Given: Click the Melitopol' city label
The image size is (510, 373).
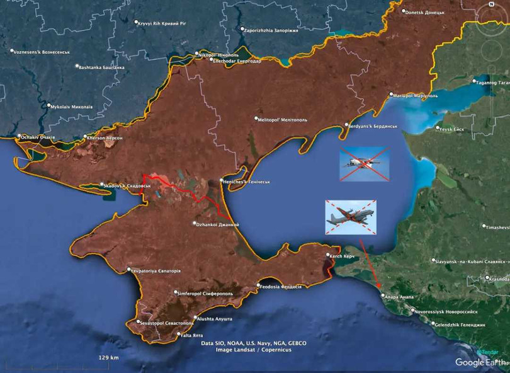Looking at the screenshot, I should click(284, 118).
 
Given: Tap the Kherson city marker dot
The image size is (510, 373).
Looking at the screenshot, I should click(86, 137).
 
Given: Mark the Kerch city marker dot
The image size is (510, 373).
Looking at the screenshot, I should click(329, 256).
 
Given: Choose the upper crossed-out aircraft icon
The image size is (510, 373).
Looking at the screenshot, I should click(364, 164).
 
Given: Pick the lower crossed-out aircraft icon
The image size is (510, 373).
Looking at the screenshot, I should click(350, 217).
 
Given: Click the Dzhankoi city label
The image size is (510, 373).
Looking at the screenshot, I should click(218, 224).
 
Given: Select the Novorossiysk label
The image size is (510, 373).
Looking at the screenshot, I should click(446, 311).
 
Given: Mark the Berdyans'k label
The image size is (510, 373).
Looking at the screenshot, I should click(374, 126).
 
